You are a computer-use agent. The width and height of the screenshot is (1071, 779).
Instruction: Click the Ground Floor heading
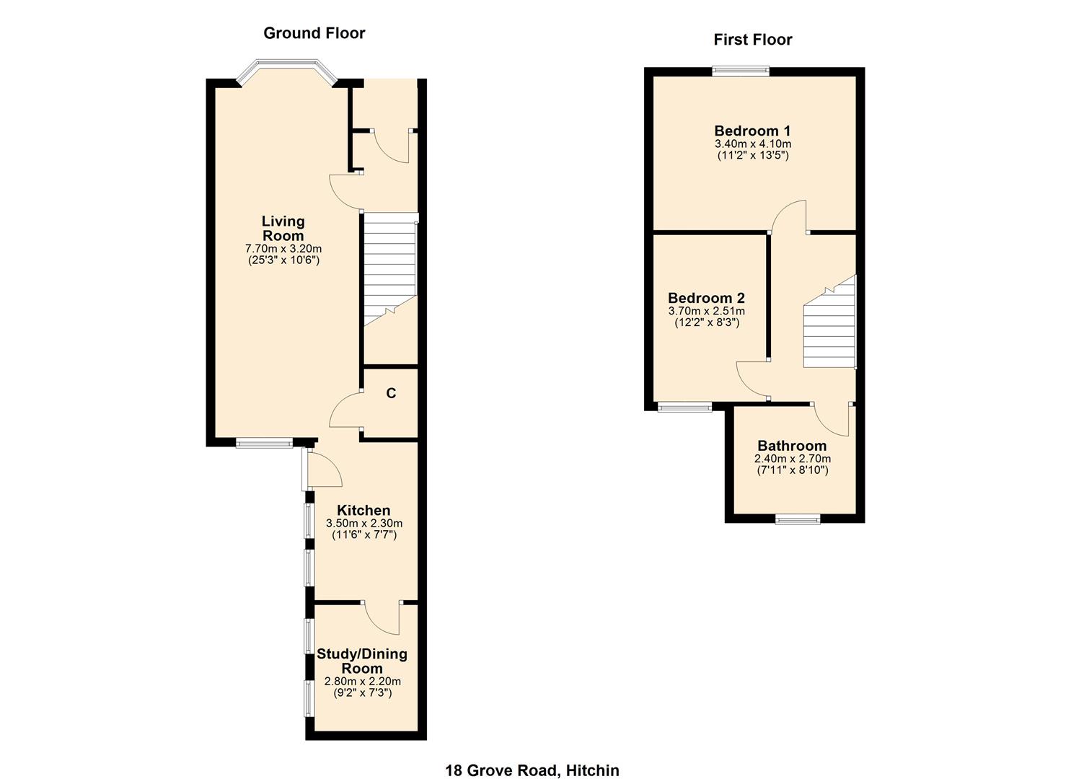tap(314, 33)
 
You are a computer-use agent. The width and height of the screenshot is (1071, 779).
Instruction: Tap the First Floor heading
tap(752, 40)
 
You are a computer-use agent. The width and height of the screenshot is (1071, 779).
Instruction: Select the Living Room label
tap(283, 229)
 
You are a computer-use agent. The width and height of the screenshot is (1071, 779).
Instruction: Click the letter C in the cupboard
tap(391, 394)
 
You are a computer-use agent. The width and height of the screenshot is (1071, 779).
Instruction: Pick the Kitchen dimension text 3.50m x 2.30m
tap(364, 524)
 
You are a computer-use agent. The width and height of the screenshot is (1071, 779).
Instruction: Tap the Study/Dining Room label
tap(362, 661)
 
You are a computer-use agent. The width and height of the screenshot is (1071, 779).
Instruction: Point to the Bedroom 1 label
tap(752, 131)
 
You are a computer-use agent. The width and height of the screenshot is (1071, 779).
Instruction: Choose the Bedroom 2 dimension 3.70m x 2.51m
tap(706, 312)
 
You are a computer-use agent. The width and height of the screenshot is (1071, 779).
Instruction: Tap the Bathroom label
tap(792, 446)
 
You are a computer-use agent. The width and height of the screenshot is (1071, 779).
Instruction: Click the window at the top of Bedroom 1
tap(741, 71)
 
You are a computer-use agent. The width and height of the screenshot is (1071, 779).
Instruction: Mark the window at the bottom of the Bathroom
tap(798, 519)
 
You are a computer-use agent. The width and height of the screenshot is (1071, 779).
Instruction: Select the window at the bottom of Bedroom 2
tap(684, 408)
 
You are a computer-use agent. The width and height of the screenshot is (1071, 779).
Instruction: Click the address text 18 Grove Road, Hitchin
tap(532, 770)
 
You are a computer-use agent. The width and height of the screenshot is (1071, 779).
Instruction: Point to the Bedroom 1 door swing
tap(790, 216)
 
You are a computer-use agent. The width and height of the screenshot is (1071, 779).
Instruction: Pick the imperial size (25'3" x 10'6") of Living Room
tap(283, 260)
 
